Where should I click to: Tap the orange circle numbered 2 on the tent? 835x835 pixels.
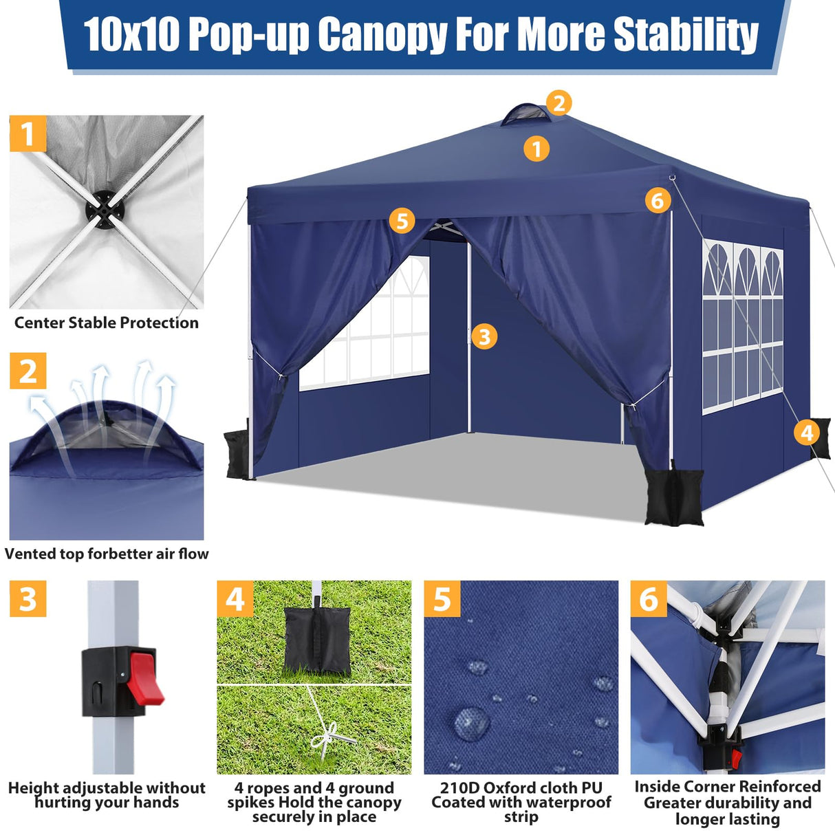point(559,103)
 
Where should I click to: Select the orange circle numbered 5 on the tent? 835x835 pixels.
point(402,221)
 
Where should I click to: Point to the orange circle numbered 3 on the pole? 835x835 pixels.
point(484,336)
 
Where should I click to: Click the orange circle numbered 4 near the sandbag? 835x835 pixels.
point(807,432)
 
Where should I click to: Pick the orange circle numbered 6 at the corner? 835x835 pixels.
point(658,200)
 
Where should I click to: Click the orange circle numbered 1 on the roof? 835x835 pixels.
point(536,148)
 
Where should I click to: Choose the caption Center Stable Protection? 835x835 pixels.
point(107,323)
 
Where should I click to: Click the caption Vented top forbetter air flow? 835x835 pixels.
point(107,554)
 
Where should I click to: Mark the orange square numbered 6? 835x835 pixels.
point(649,599)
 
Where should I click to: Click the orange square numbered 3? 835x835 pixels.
point(28,599)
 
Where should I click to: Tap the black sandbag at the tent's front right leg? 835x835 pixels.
point(674,497)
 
